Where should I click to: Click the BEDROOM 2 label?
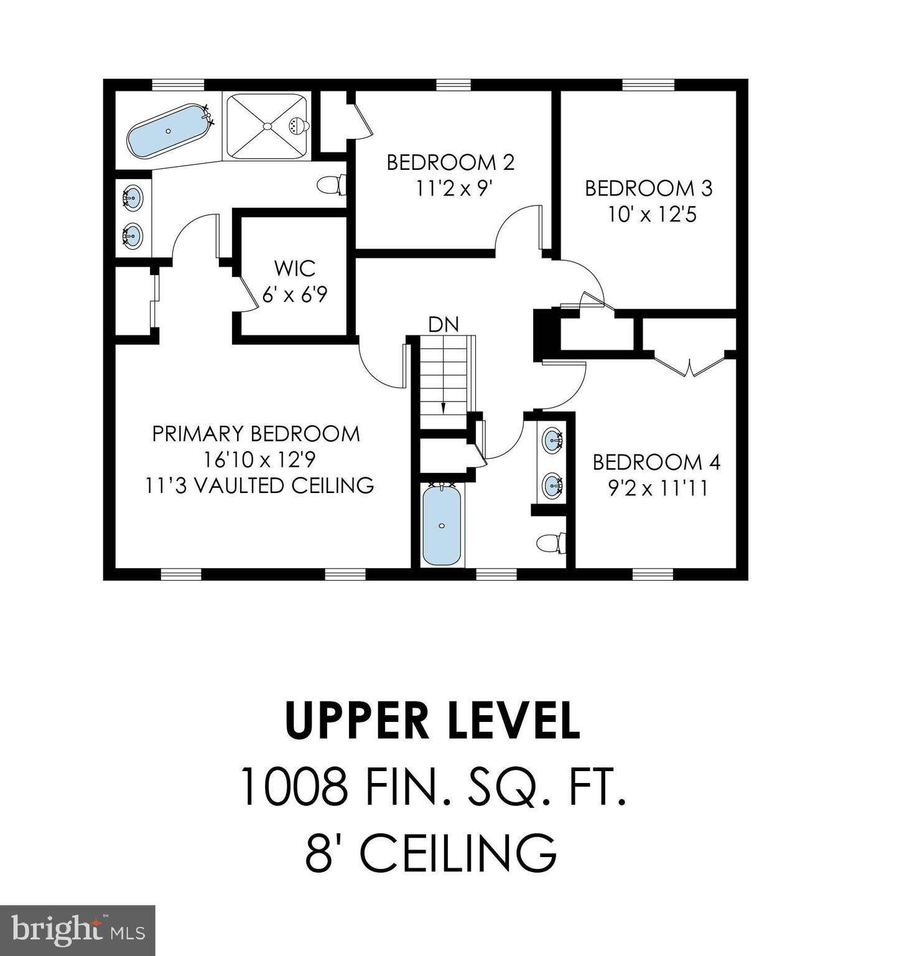450,162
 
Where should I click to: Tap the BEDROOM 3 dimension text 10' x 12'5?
652,215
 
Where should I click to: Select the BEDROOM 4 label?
656,462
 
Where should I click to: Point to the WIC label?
294,269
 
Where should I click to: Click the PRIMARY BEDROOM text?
256,434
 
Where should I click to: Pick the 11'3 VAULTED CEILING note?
259,485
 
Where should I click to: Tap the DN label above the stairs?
443,324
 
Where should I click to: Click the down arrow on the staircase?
443,406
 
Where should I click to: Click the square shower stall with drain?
267,126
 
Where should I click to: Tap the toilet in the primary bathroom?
331,184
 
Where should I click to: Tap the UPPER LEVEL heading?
432,721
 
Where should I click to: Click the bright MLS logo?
77,930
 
